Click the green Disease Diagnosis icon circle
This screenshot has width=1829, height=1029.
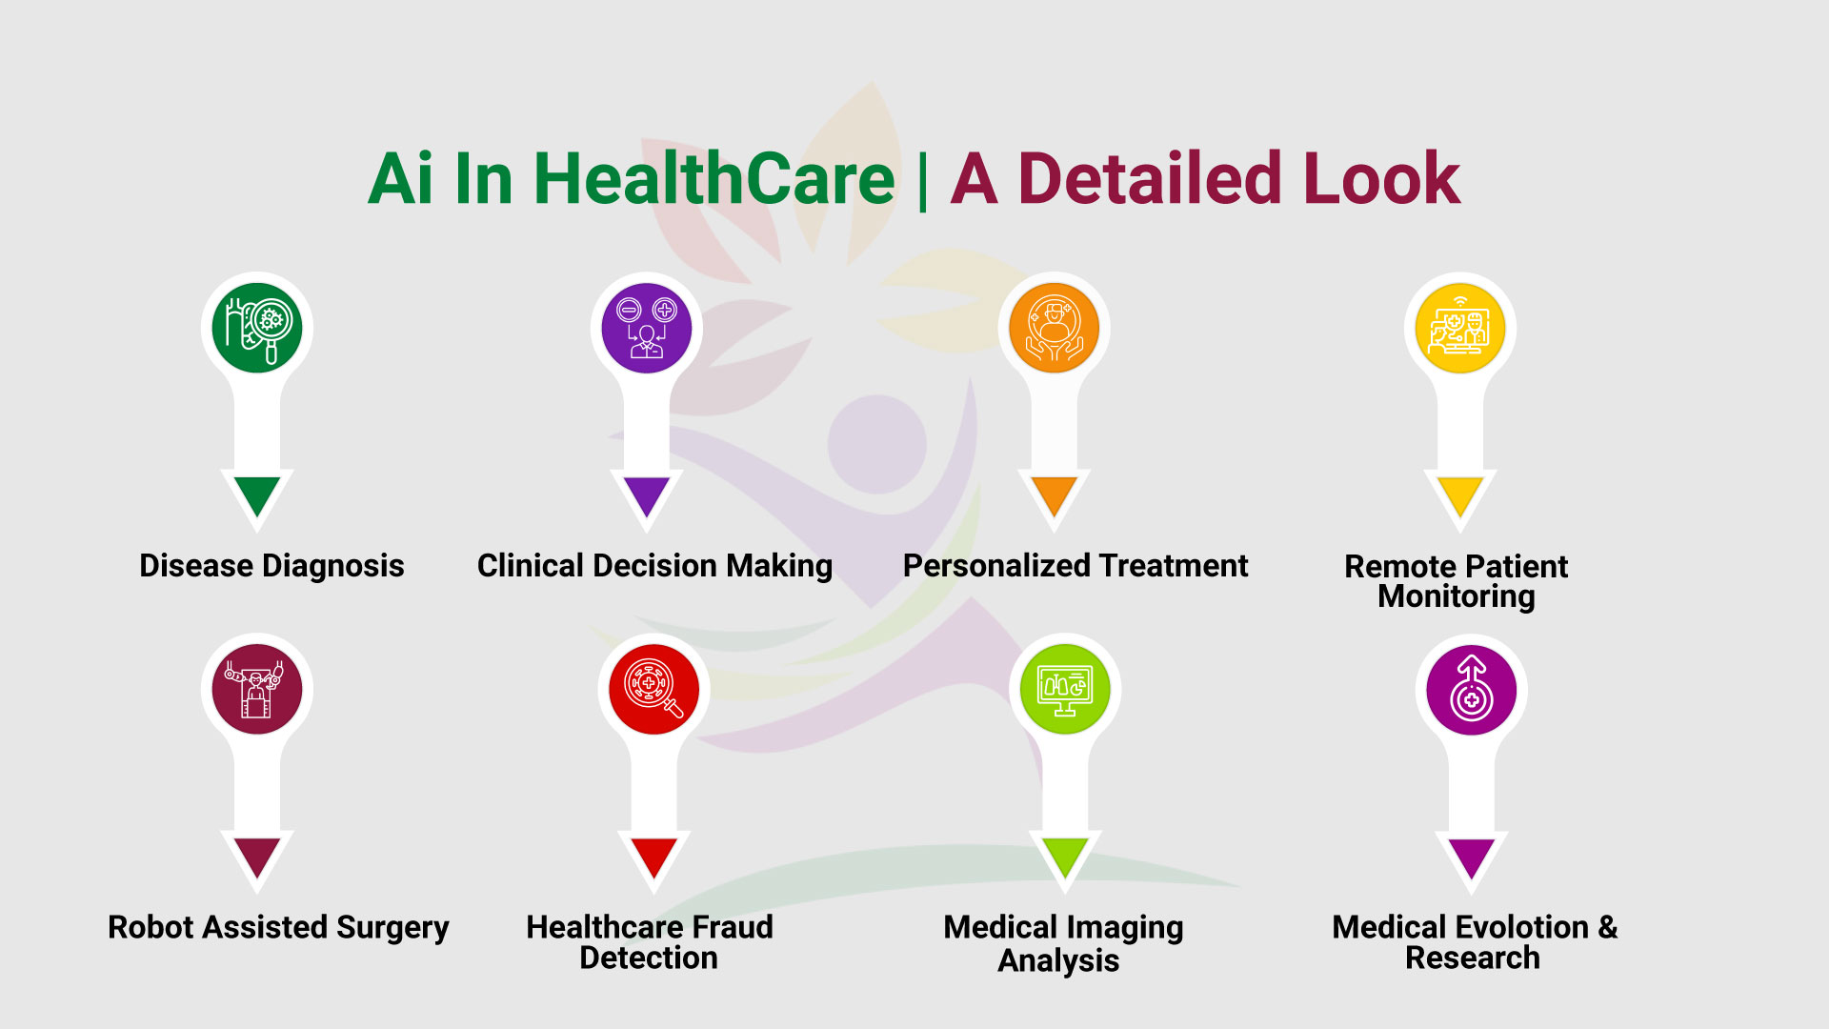click(x=257, y=328)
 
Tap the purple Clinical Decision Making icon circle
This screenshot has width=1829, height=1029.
click(x=647, y=328)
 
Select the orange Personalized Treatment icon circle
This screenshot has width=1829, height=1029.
click(x=1054, y=328)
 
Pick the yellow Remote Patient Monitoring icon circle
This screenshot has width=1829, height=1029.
click(x=1460, y=328)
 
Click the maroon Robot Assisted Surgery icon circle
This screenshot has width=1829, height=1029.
click(x=257, y=689)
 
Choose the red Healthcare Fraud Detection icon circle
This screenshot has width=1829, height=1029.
click(x=654, y=689)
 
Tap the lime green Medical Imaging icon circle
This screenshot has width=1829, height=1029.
click(x=1065, y=689)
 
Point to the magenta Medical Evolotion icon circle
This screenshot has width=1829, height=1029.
click(x=1472, y=689)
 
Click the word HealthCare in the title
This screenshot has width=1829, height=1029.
click(x=714, y=178)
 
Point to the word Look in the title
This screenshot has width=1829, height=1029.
click(x=1381, y=178)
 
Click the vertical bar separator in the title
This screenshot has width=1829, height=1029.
click(x=922, y=181)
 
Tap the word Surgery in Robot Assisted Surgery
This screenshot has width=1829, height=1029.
click(x=392, y=929)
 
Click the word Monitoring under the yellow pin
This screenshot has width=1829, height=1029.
click(x=1457, y=597)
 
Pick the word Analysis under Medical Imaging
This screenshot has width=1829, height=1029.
click(x=1058, y=961)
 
